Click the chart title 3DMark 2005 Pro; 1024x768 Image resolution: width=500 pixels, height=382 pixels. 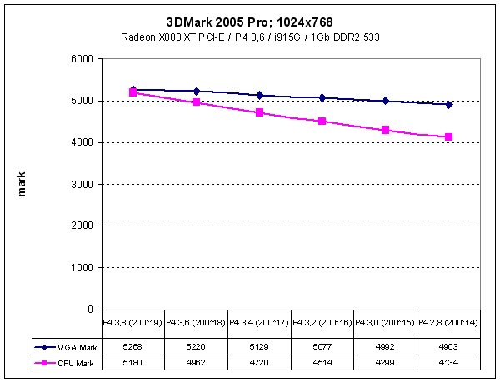[250, 20]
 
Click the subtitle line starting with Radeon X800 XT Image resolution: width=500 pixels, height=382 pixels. [250, 37]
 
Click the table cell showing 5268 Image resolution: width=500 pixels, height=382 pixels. [133, 347]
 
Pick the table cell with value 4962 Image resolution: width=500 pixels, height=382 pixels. [197, 362]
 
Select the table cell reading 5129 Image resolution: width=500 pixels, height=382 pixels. [259, 347]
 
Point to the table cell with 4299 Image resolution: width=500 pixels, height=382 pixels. [386, 362]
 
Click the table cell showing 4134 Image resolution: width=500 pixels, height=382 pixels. [449, 362]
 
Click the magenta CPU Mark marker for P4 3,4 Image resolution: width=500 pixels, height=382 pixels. [259, 112]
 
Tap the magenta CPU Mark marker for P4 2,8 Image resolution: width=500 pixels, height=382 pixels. [449, 136]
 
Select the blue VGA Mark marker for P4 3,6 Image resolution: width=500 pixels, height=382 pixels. [197, 92]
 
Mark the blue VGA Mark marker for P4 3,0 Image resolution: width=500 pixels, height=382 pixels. [386, 101]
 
